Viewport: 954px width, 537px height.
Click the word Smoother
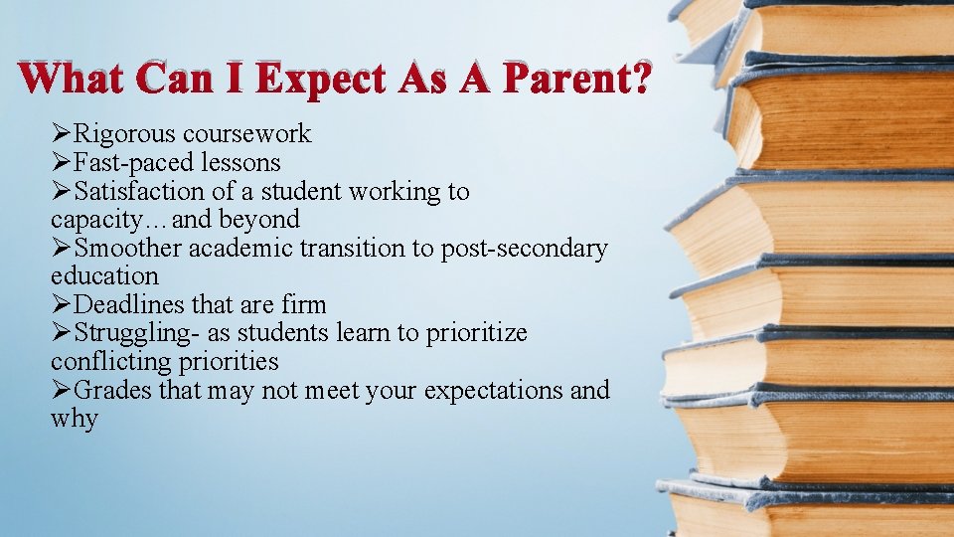[128, 248]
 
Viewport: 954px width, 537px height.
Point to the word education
[104, 275]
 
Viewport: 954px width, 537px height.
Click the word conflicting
[110, 361]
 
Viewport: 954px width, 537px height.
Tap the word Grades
[113, 390]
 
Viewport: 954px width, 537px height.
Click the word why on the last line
[74, 419]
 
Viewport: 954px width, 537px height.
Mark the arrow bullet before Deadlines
[62, 304]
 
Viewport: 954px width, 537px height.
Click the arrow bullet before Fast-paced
[62, 162]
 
